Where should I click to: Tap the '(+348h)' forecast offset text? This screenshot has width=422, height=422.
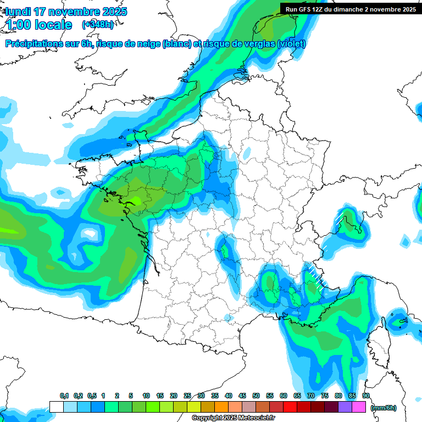pos(97,24)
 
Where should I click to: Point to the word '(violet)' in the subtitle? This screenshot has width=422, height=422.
pos(291,44)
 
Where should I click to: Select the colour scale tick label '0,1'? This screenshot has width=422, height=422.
pos(64,396)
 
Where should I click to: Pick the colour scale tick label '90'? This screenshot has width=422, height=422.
pos(366,396)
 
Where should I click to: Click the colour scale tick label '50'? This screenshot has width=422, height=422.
pos(256,396)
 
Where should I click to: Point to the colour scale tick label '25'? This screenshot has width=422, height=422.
pos(187,396)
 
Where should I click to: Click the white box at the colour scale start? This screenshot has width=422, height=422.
pos(57,407)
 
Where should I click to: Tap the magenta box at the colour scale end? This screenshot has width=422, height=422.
pos(359,407)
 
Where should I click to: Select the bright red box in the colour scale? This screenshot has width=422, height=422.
pos(290,407)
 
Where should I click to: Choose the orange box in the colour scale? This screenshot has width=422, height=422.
pos(221,407)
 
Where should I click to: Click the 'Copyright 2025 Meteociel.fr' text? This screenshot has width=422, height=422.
pos(233,418)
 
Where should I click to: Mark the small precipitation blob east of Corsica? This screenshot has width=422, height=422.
pos(399,320)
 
